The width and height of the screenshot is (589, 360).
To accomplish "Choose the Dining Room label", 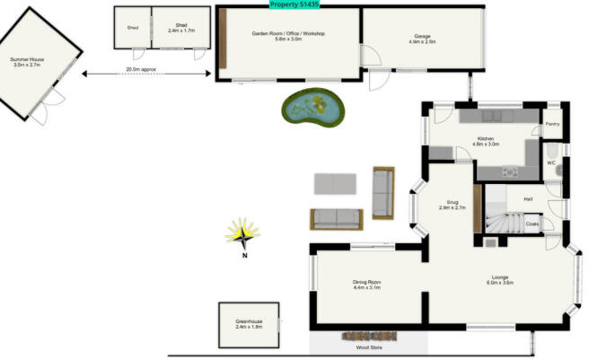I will pyautogui.click(x=367, y=285).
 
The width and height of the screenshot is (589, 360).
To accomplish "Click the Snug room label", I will pyautogui.click(x=452, y=205).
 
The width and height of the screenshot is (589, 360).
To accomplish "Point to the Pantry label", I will pyautogui.click(x=552, y=124).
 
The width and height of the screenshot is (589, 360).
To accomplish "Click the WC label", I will pyautogui.click(x=552, y=162).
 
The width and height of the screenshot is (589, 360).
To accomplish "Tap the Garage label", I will pyautogui.click(x=422, y=40).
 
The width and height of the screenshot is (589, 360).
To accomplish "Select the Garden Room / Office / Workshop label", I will pyautogui.click(x=287, y=36).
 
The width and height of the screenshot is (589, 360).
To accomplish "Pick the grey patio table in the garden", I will pyautogui.click(x=337, y=184).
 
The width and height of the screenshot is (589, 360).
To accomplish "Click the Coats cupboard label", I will pyautogui.click(x=532, y=224).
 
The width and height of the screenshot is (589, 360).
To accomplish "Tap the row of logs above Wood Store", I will pyautogui.click(x=370, y=337).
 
